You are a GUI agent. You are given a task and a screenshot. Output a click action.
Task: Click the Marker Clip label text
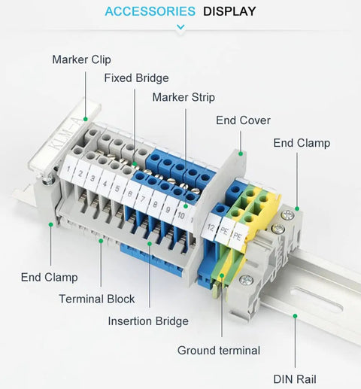coord(81,59)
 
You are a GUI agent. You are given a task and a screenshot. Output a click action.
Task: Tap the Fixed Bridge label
coord(136,78)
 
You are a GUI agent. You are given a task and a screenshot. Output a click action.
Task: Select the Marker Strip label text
coord(184,97)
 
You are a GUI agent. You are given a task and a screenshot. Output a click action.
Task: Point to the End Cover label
coord(243,120)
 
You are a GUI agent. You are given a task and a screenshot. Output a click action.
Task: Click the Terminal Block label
coord(97,299)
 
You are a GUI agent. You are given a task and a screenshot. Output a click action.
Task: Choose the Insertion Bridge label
coord(148,321)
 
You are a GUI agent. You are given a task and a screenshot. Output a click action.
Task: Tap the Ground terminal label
coord(219,351)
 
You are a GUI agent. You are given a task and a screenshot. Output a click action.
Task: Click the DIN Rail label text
coord(295,379)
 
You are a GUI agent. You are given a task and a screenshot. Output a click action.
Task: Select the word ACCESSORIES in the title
coord(150,11)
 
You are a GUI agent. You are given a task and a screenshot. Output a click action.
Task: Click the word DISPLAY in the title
coord(229,11)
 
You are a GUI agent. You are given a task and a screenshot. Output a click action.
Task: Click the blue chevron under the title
coord(180,27)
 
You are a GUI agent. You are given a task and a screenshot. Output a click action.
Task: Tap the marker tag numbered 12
coord(211,227)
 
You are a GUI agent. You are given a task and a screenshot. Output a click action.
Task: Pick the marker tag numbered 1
coord(68,169)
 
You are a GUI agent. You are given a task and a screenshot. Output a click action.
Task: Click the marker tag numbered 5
coord(117,187)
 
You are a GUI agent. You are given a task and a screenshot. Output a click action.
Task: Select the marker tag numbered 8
coord(155,204)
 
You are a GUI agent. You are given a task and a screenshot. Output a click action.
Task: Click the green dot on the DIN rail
coord(295,316)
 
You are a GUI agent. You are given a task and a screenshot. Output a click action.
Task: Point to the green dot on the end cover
coord(241,153)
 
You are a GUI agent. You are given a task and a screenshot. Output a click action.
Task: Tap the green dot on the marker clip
coord(85,119)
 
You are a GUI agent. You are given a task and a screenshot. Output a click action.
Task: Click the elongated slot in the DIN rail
coord(317,299)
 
